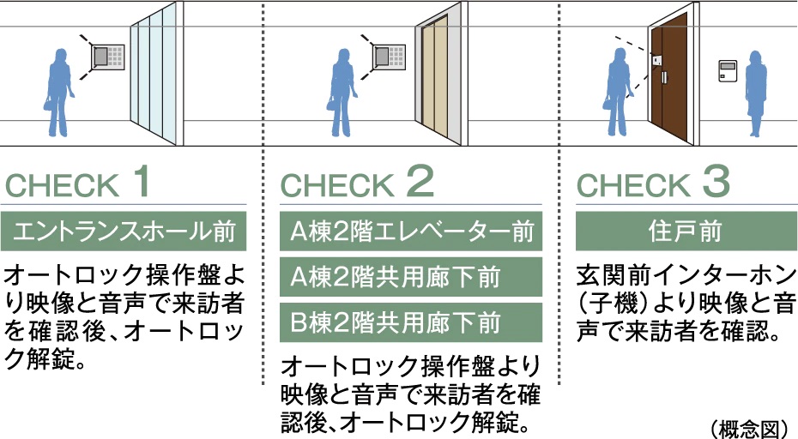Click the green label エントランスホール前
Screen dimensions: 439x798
(124, 232)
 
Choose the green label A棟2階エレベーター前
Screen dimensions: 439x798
(412, 232)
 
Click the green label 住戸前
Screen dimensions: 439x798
(683, 232)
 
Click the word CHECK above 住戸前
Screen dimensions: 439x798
(633, 185)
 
